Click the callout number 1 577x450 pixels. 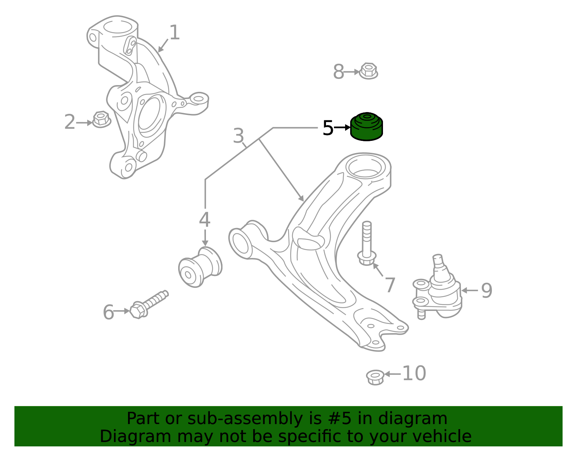pyautogui.click(x=175, y=33)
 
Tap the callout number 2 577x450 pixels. pyautogui.click(x=70, y=122)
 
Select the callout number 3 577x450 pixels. pyautogui.click(x=238, y=136)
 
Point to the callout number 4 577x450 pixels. pyautogui.click(x=205, y=219)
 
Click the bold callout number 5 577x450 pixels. pyautogui.click(x=328, y=128)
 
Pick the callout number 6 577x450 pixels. pyautogui.click(x=108, y=312)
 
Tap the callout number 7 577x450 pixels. pyautogui.click(x=390, y=285)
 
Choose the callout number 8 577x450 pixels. pyautogui.click(x=339, y=72)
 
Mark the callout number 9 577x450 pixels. pyautogui.click(x=487, y=291)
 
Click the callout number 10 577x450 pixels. pyautogui.click(x=414, y=373)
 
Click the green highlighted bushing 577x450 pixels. pyautogui.click(x=366, y=126)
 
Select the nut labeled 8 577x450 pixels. pyautogui.click(x=368, y=71)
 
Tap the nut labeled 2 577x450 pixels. pyautogui.click(x=101, y=119)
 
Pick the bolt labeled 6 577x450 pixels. pyautogui.click(x=149, y=304)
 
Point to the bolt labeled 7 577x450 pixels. pyautogui.click(x=367, y=243)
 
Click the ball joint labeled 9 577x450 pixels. pyautogui.click(x=437, y=287)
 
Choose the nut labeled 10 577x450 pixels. pyautogui.click(x=375, y=377)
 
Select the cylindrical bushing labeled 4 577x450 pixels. pyautogui.click(x=200, y=267)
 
